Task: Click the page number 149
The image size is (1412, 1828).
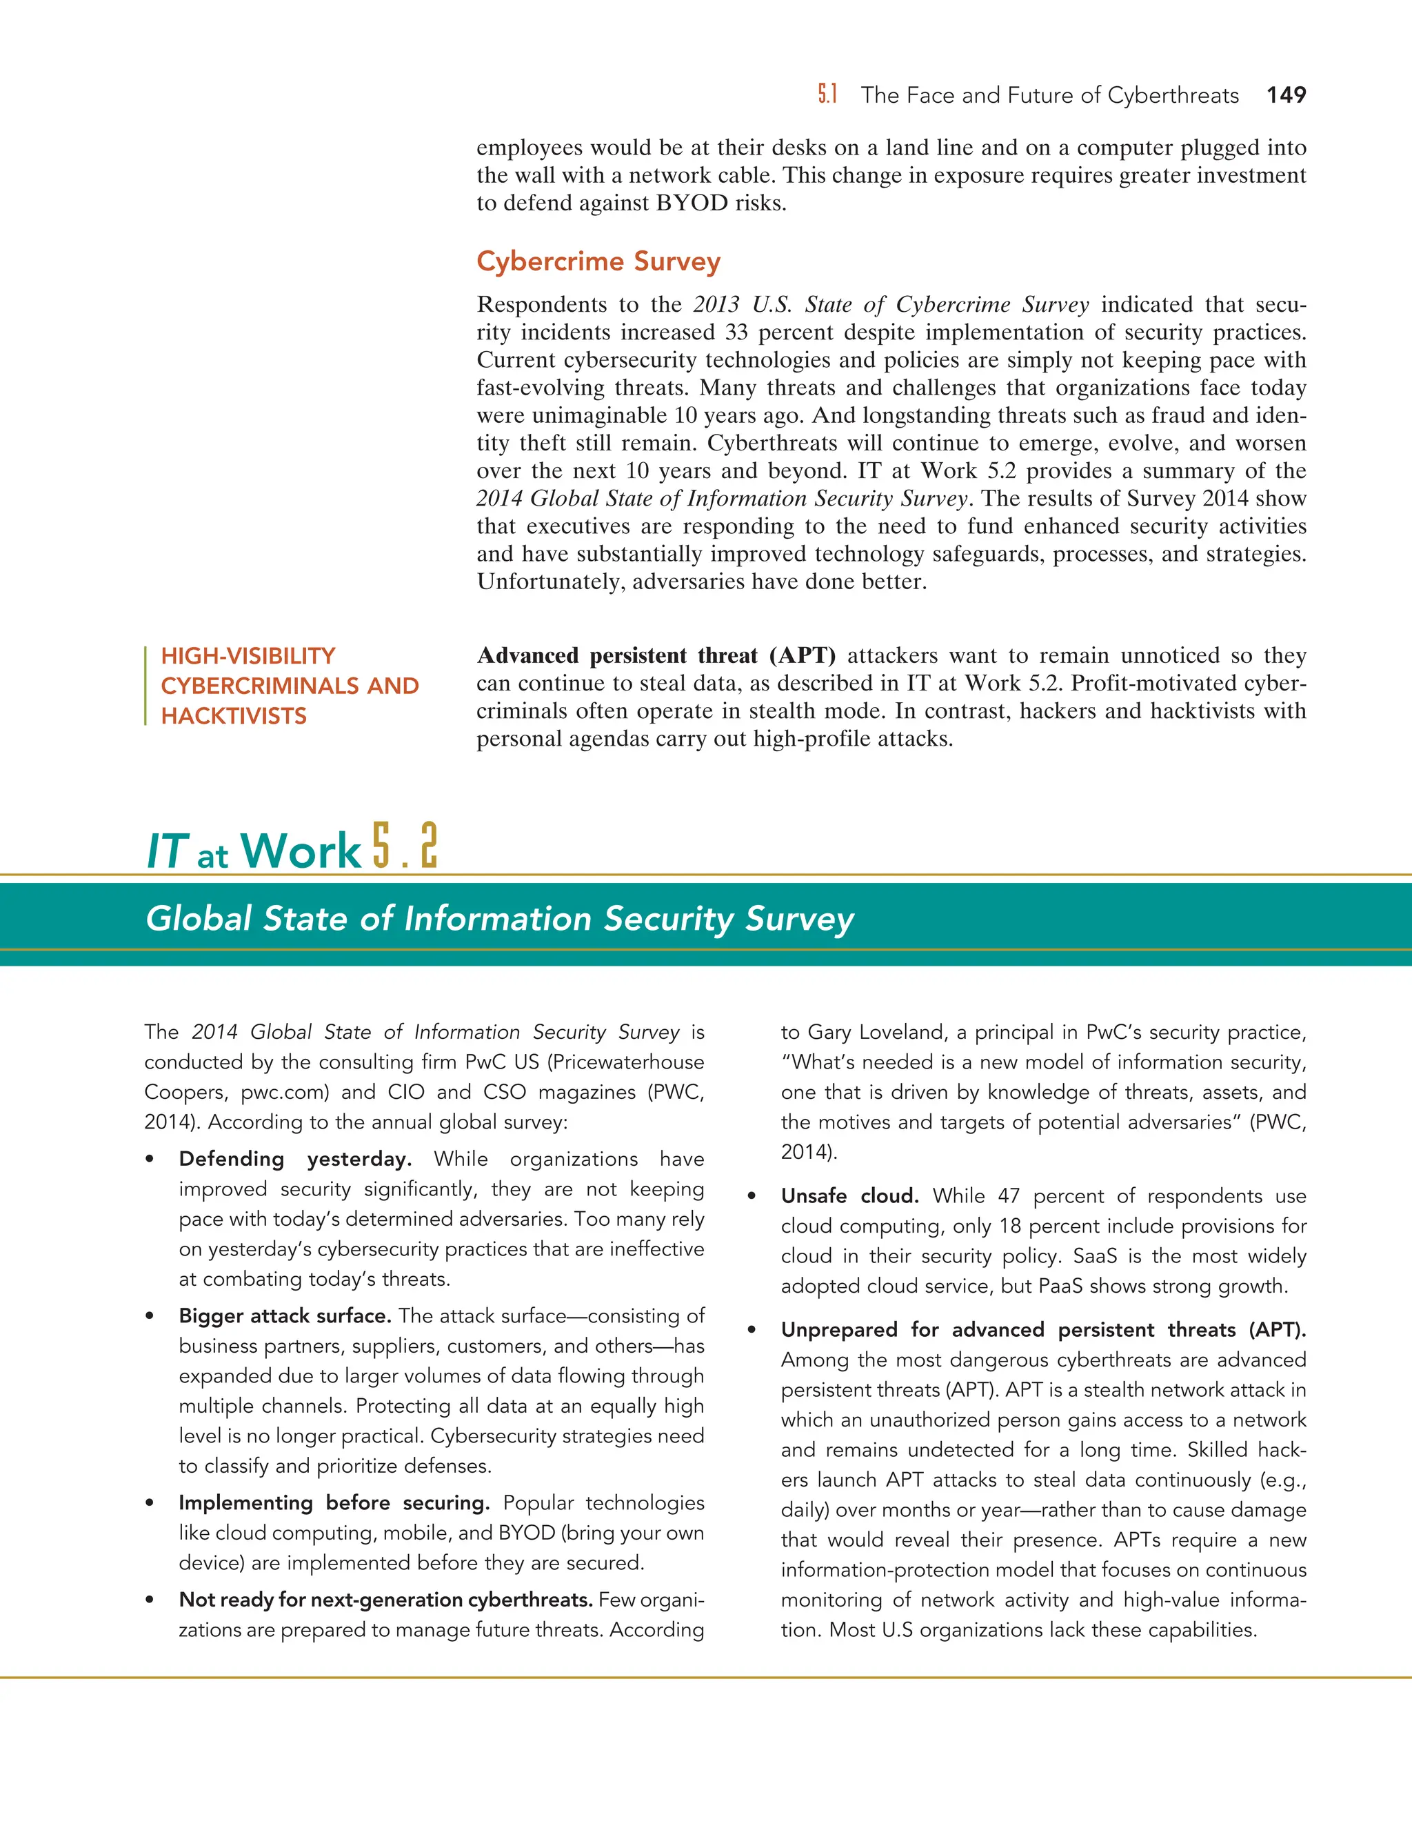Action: (1286, 95)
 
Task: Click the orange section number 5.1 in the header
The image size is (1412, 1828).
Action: (827, 95)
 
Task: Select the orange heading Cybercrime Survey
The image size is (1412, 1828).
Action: (598, 261)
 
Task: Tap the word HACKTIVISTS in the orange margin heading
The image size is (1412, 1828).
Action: (234, 717)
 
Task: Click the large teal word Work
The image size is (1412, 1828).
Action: (301, 851)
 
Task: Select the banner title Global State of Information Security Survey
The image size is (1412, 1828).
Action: (499, 918)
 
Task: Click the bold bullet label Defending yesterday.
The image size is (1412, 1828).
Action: (294, 1160)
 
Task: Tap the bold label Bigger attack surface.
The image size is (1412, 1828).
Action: (285, 1315)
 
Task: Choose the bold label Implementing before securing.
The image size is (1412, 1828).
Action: (334, 1502)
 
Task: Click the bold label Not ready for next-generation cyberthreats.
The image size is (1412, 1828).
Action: (385, 1600)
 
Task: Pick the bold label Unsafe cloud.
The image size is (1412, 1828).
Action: (849, 1196)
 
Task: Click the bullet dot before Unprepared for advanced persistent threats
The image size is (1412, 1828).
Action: (752, 1331)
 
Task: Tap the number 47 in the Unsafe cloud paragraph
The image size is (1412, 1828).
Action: (1008, 1196)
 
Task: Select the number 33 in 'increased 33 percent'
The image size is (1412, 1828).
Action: (736, 332)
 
